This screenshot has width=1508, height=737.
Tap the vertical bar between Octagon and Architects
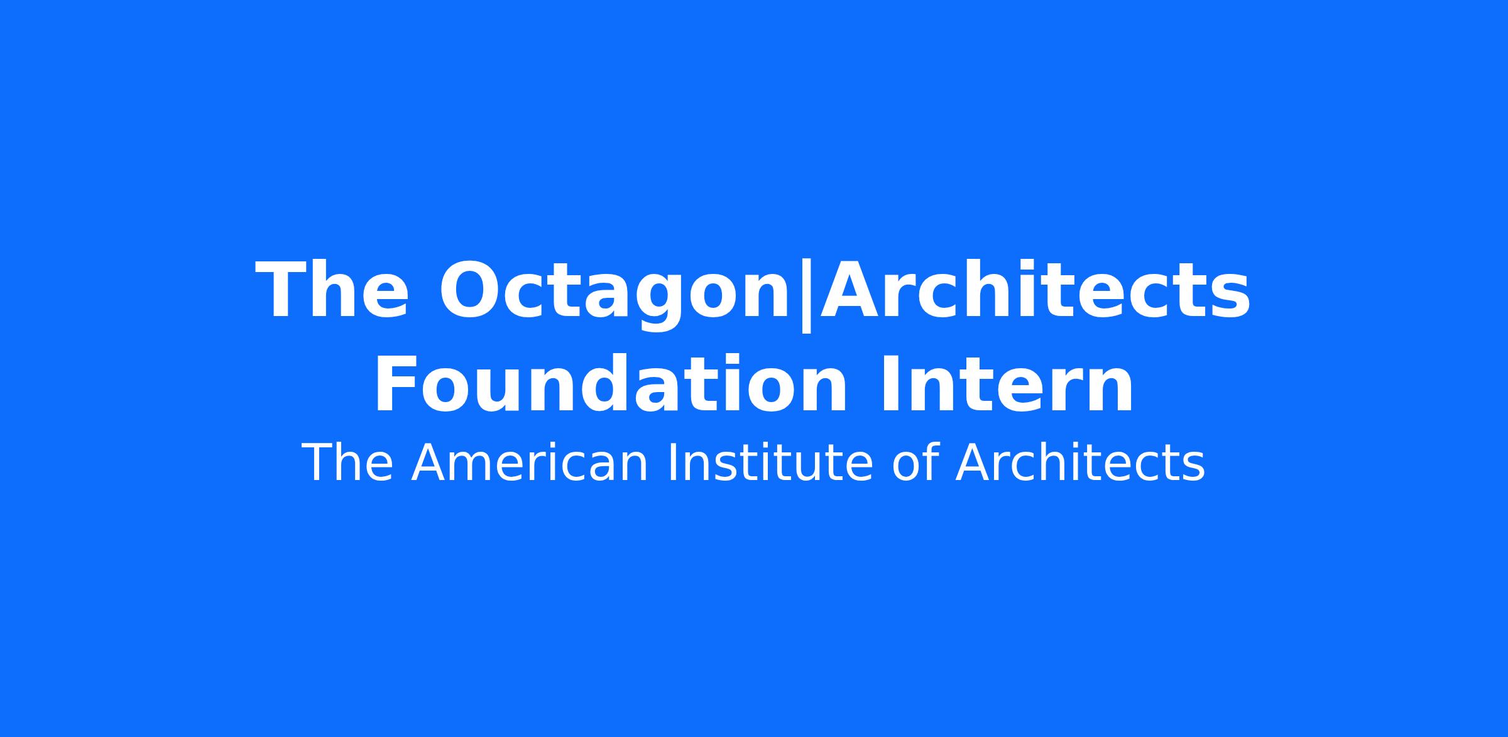[x=805, y=296]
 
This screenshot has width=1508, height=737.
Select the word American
[x=529, y=463]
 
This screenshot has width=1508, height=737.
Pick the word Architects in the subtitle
[x=1080, y=463]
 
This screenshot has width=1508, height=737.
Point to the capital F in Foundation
[x=395, y=384]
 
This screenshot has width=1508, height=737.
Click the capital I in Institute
[x=670, y=463]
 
